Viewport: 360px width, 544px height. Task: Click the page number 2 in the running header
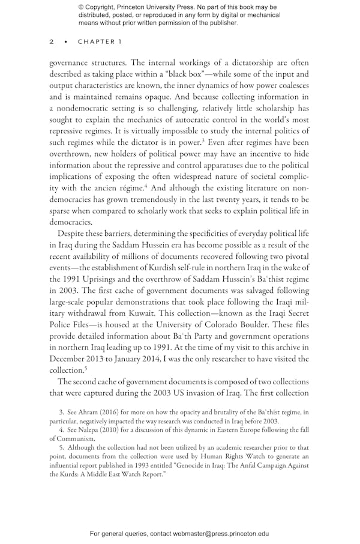pos(52,41)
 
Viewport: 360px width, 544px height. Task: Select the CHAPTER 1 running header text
pos(100,41)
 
